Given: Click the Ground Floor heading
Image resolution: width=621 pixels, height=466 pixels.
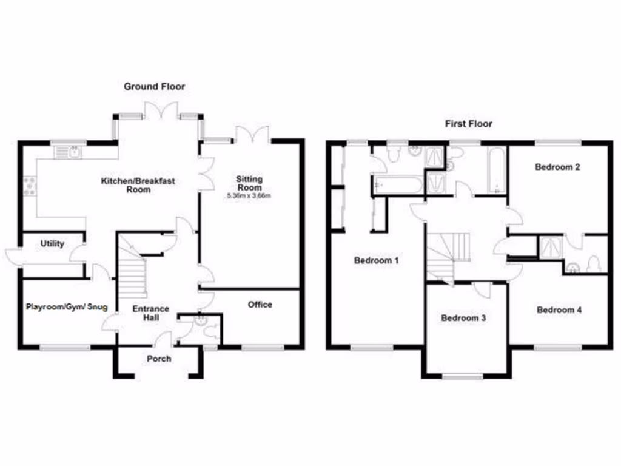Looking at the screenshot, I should [x=155, y=87].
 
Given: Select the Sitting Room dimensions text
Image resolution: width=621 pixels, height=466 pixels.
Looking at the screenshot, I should [x=249, y=195].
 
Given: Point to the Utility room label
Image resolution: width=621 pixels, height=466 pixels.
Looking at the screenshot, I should [x=52, y=243].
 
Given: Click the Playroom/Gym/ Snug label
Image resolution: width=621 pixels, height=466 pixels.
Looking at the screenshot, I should [x=66, y=307].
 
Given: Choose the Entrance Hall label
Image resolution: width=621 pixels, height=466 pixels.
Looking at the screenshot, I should [x=151, y=314].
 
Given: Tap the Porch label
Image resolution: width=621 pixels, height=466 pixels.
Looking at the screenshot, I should [x=159, y=359].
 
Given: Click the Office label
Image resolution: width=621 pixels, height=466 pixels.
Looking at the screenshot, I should [x=260, y=305].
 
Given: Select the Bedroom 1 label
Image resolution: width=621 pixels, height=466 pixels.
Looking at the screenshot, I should [x=376, y=261].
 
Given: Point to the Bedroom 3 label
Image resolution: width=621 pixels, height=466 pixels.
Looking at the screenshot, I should [x=463, y=318].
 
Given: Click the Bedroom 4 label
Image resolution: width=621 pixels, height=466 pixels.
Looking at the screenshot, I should [x=559, y=310].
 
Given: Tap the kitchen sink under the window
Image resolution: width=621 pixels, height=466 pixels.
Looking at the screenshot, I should [x=68, y=152].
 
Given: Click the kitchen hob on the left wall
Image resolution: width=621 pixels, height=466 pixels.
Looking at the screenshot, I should [x=29, y=185].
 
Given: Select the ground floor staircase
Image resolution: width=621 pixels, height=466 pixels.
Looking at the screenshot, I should [x=132, y=273].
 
